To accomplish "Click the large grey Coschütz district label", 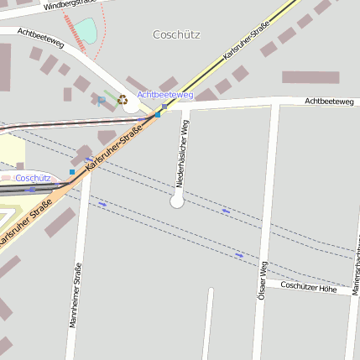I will pos(177,34).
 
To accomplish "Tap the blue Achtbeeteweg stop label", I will pos(165,95).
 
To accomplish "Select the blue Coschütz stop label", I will pos(33,178).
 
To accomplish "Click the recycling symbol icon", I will pos(123,100).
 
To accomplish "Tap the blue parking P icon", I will pos(102,101).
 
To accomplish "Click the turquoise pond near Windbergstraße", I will pos(86,31).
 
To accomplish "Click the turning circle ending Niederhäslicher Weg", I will pos(177,201).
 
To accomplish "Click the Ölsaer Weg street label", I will pos(262,281).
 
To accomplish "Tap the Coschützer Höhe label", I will pos(308,288).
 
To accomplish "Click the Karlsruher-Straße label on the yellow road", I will pos(249,39).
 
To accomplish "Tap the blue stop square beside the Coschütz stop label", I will pos(72,172).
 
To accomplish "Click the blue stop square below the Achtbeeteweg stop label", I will pos(157,114).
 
